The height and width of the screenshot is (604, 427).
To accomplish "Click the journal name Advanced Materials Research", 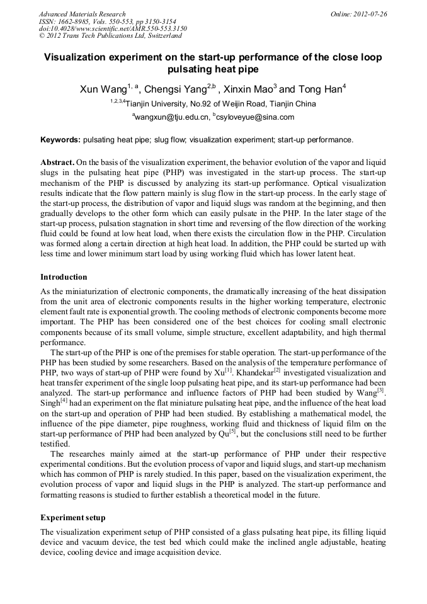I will pos(82,14).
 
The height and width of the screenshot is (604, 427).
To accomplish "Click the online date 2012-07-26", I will pos(369,14).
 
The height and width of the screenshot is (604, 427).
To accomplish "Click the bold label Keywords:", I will pos(60,140).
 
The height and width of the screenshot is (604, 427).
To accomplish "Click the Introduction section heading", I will pos(64,276).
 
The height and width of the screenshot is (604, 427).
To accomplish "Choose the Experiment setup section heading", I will pos(72,517).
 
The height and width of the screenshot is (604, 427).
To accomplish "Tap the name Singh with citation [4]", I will pos(50,402).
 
